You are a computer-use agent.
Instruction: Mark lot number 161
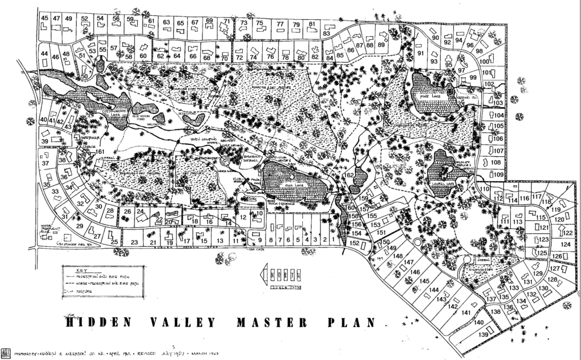click(x=100, y=152)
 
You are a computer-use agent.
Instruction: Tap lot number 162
click(x=351, y=175)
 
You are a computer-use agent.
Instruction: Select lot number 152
click(x=355, y=243)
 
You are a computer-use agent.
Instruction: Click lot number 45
click(x=45, y=18)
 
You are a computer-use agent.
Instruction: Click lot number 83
click(x=326, y=34)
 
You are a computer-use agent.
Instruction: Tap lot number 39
click(x=45, y=141)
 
